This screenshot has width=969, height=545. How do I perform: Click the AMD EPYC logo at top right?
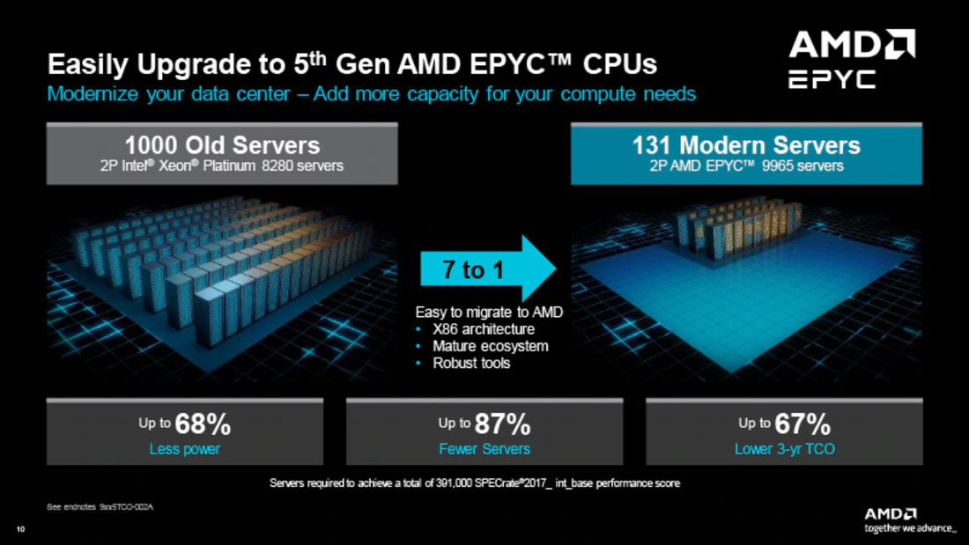click(851, 59)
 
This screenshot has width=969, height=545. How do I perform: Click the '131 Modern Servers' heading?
click(745, 144)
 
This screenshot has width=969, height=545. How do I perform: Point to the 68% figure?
click(203, 424)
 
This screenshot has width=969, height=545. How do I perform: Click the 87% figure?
click(502, 424)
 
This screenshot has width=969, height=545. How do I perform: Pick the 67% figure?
click(802, 424)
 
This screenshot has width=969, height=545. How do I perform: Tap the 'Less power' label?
click(185, 449)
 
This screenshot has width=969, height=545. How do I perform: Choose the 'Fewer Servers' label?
click(484, 449)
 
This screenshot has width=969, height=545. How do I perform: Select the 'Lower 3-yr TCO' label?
click(784, 449)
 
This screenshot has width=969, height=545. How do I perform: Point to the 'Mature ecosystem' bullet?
click(490, 346)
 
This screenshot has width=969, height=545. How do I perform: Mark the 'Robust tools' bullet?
click(470, 363)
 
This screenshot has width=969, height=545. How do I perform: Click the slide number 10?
click(19, 529)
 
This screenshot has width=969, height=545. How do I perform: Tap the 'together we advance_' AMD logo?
click(908, 519)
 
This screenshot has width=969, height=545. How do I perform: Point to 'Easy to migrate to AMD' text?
click(489, 312)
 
